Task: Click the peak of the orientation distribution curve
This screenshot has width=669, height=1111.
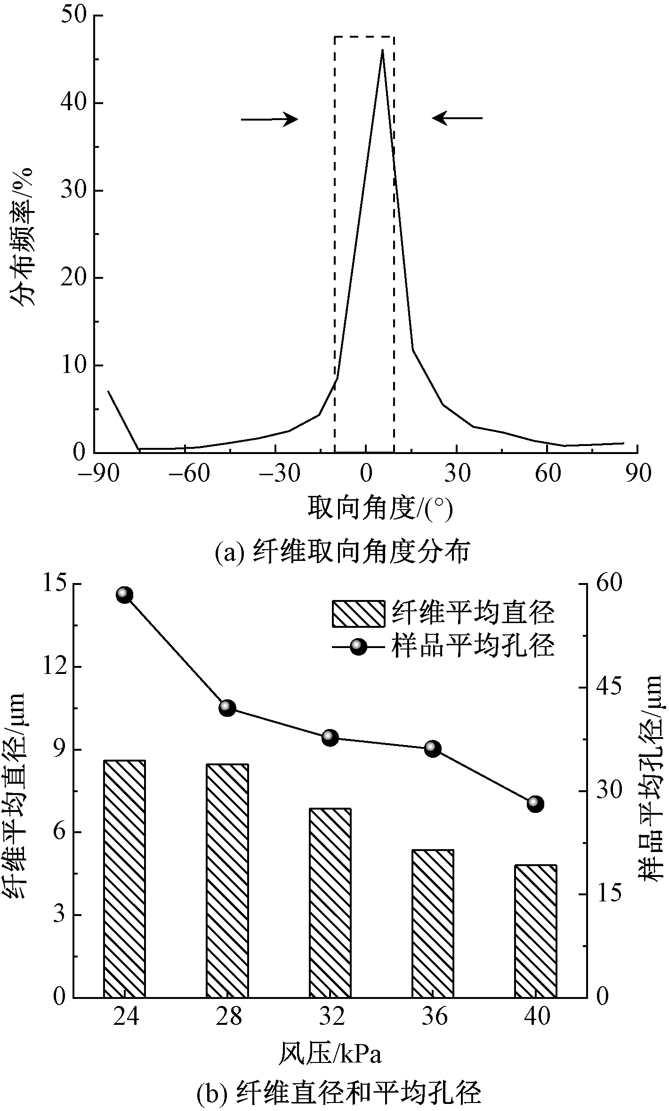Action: [382, 50]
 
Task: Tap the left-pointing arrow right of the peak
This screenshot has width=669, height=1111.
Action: [457, 118]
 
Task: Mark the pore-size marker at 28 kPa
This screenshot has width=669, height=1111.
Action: [227, 708]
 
